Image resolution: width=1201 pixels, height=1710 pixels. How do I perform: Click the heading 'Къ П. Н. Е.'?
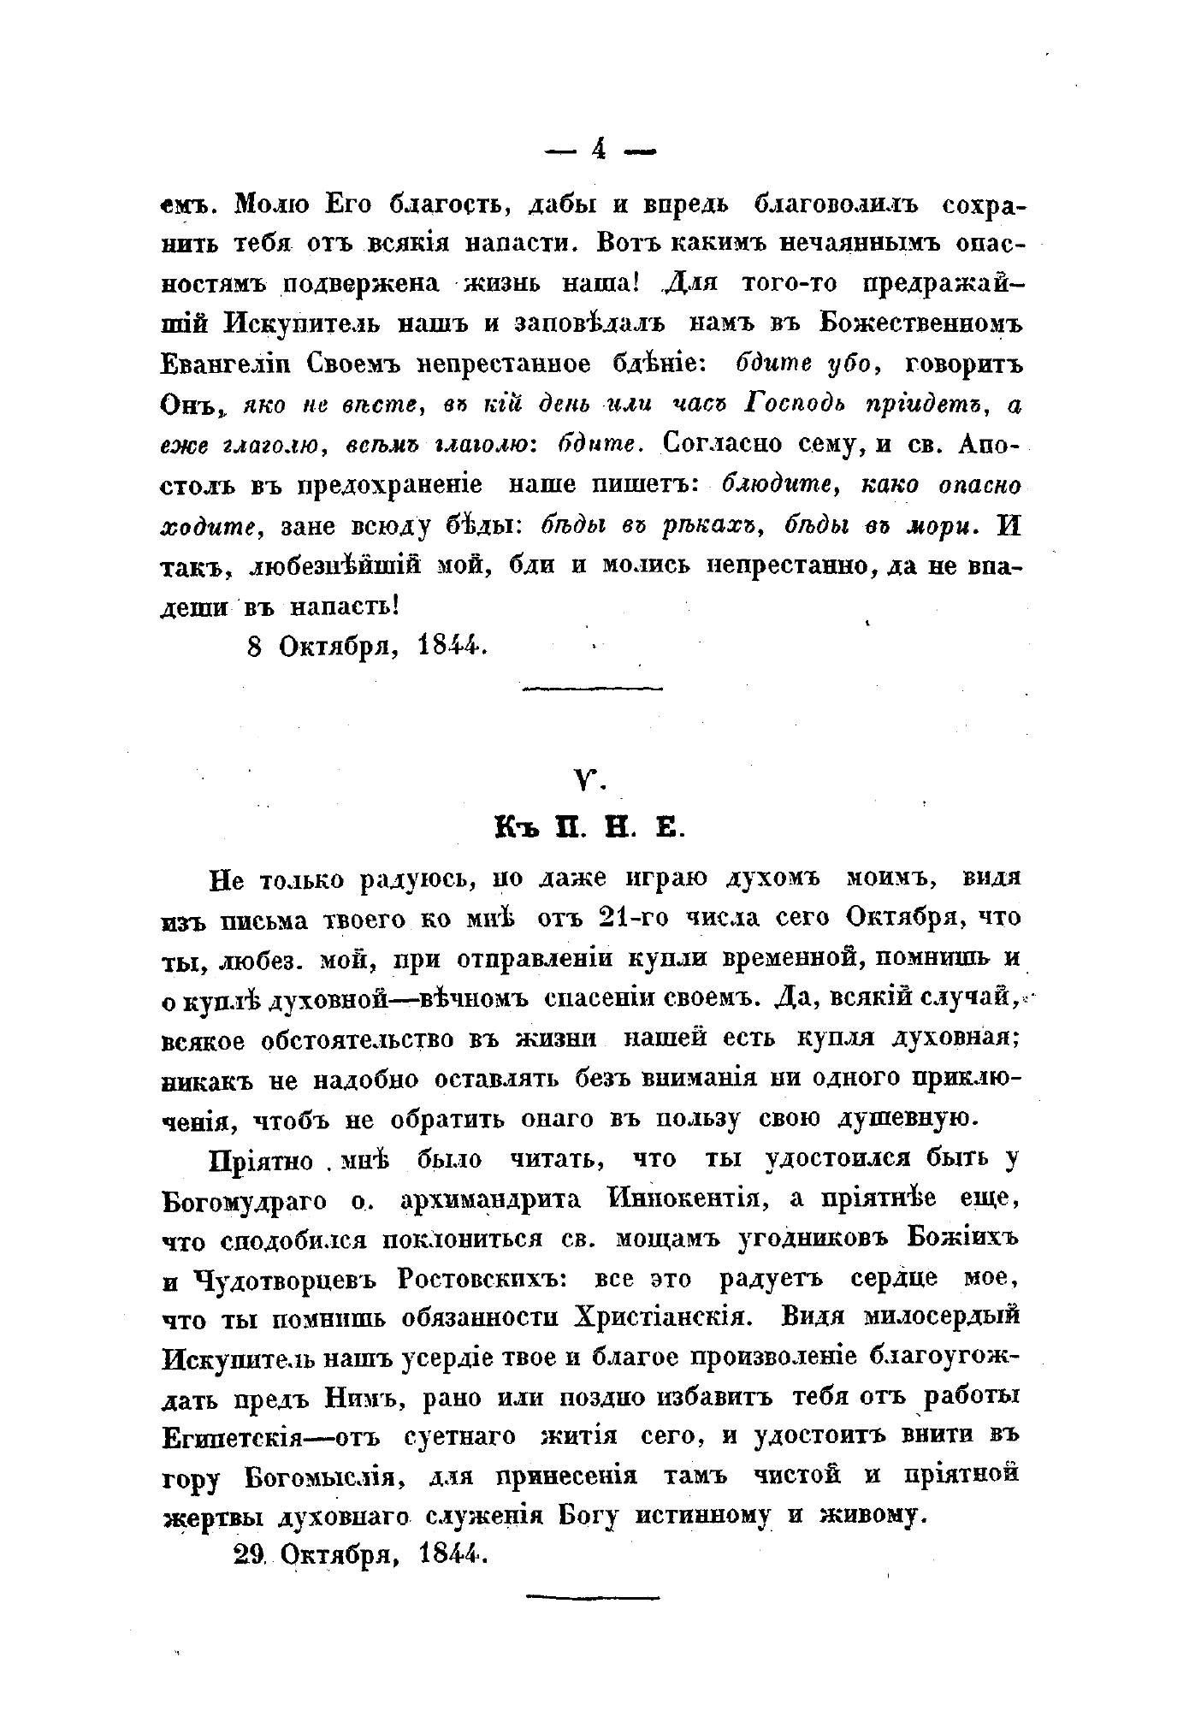591,829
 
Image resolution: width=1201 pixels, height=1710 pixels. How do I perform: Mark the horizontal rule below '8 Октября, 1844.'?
592,687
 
